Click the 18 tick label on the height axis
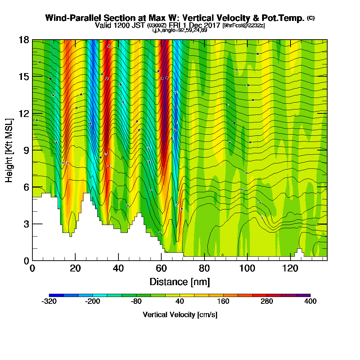tap(23, 40)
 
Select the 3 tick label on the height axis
tap(26, 224)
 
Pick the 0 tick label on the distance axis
tap(32, 269)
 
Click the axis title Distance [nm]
tap(180, 282)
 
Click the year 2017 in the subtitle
tap(213, 26)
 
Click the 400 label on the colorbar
tap(310, 302)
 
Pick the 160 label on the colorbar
tap(223, 302)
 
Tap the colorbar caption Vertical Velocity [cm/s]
tap(180, 315)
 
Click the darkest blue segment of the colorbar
tap(56, 295)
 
